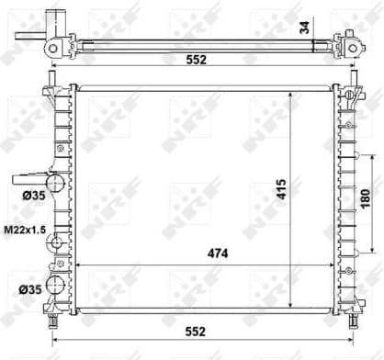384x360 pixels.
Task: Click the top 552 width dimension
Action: pos(192,60)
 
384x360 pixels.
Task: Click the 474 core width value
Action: pos(216,253)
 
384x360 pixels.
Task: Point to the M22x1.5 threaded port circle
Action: pos(56,244)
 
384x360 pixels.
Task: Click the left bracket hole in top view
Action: pos(53,47)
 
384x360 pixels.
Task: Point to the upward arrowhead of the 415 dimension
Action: pos(293,93)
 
